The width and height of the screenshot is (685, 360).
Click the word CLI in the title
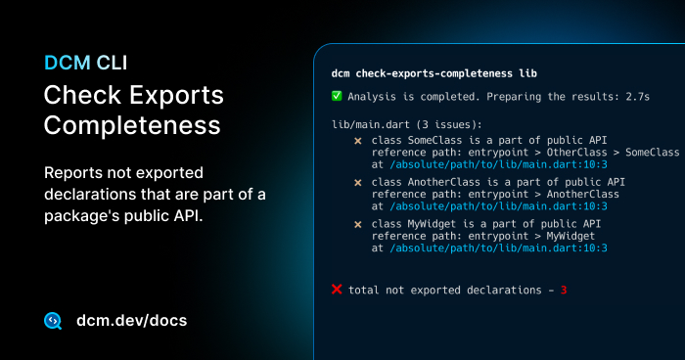111,63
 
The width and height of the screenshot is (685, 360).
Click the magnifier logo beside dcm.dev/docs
54,321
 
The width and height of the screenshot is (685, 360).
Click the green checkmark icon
337,96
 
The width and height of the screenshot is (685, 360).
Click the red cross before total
337,290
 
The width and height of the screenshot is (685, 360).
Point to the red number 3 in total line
564,290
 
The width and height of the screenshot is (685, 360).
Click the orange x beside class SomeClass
357,141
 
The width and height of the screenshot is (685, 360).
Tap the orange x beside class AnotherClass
357,182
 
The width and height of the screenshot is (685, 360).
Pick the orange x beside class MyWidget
357,224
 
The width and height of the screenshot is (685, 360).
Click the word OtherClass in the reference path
577,153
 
